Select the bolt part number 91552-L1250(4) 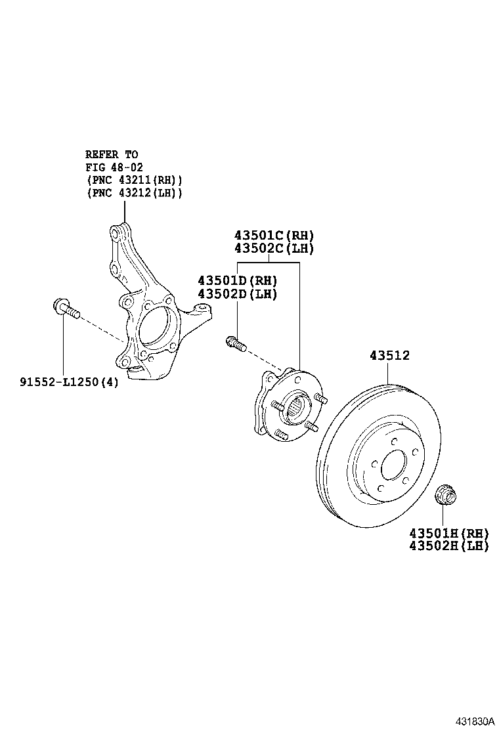pos(69,382)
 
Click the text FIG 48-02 pos(114,167)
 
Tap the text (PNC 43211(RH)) pos(134,180)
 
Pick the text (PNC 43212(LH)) pos(134,193)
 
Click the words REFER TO pos(112,154)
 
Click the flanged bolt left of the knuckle pos(64,309)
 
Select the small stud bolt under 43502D pos(236,343)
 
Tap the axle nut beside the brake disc pos(447,495)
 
